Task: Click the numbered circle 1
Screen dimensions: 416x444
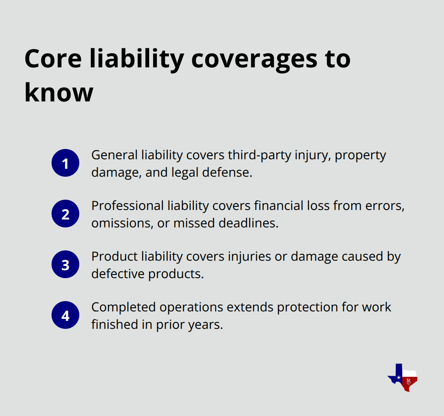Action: coord(65,163)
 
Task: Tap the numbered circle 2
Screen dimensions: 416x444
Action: coord(65,214)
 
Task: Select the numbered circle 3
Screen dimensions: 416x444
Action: coord(65,265)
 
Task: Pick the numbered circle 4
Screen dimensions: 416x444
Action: coord(65,315)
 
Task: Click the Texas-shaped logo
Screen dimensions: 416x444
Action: coord(403,377)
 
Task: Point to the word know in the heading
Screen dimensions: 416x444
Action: coord(59,92)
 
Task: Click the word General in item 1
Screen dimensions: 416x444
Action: coord(115,155)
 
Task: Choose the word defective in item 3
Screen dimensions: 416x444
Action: coord(118,274)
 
